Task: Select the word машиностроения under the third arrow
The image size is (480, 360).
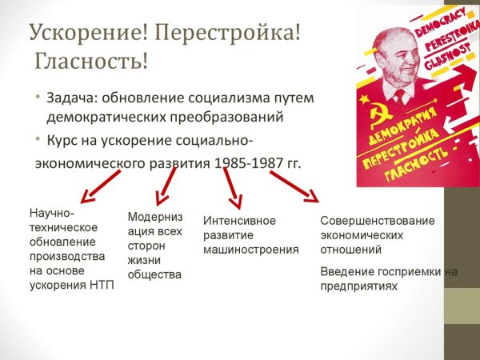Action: click(x=251, y=250)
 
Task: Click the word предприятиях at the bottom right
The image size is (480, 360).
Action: click(x=358, y=285)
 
